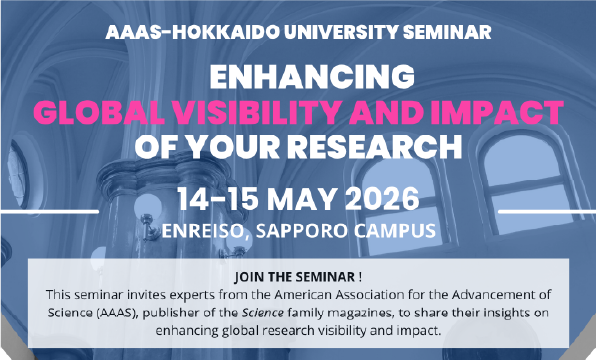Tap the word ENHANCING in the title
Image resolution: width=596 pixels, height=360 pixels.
(x=312, y=76)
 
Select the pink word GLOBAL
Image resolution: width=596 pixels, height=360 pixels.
(x=99, y=113)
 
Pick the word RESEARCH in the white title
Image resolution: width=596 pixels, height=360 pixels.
(x=374, y=147)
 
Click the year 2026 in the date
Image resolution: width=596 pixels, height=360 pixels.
(x=382, y=198)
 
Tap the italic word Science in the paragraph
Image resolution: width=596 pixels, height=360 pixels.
(x=263, y=313)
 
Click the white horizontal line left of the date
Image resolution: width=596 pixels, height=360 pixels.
(x=49, y=211)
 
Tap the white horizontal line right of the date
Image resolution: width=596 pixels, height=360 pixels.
(x=547, y=211)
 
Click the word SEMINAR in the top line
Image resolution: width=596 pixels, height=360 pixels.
(x=447, y=32)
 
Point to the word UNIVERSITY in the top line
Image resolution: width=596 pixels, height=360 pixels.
(x=341, y=32)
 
